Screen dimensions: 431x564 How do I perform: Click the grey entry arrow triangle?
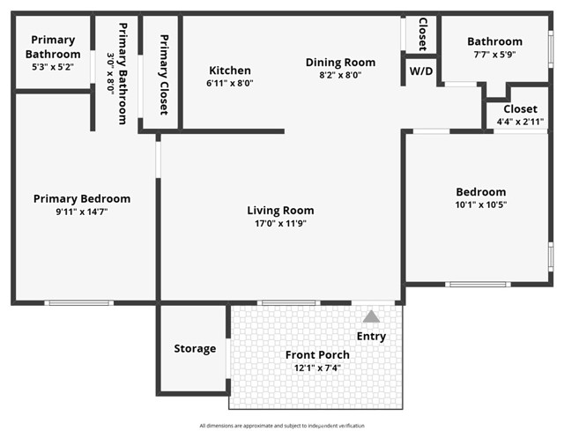coord(372,316)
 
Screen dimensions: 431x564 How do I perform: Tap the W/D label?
coord(421,71)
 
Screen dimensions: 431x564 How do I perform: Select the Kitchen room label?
coord(229,71)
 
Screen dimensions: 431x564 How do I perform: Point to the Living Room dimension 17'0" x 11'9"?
coord(280,224)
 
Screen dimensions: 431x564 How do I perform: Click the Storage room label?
coord(195,348)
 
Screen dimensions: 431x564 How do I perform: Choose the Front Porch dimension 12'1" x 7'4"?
coord(317,368)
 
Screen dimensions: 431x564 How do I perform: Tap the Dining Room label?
coord(340,62)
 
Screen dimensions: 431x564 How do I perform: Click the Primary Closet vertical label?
coord(163,75)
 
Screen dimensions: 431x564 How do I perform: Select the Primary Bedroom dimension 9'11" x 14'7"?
coord(82,212)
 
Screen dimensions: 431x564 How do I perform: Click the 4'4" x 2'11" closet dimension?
coord(520,122)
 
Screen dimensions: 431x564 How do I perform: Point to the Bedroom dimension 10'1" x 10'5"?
coord(480,204)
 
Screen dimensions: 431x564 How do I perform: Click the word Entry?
coord(371,336)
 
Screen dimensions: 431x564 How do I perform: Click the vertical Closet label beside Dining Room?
coord(422,34)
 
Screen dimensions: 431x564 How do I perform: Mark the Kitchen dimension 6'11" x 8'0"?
coord(230,84)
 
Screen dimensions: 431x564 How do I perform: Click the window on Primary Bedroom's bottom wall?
coord(78,303)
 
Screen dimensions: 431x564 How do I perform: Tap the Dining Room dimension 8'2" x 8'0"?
coord(340,75)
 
